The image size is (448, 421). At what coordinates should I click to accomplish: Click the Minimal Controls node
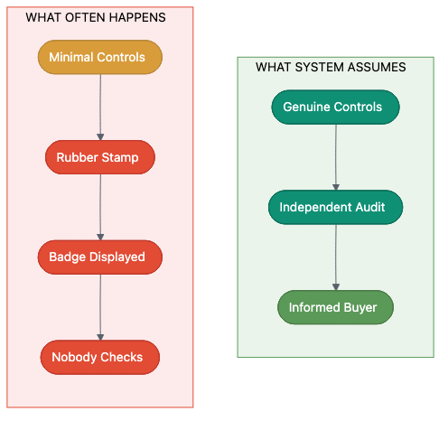(99, 57)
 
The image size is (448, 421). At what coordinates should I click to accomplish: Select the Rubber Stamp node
(99, 157)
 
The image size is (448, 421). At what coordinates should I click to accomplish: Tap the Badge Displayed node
(99, 257)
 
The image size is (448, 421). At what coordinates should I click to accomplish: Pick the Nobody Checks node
(99, 357)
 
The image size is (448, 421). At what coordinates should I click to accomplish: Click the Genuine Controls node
(335, 107)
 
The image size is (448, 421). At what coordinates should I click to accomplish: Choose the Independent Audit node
(335, 207)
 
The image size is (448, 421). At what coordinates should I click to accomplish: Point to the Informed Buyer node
(335, 307)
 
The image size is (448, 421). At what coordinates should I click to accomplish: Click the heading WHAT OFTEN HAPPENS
(96, 17)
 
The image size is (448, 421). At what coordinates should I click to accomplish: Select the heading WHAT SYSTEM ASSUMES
(331, 67)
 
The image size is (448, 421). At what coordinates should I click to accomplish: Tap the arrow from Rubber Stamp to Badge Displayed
(99, 207)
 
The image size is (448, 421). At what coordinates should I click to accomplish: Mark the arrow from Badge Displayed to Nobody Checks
(99, 307)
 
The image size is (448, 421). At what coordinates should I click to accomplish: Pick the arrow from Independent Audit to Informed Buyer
(335, 257)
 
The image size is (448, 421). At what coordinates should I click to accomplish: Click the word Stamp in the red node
(121, 157)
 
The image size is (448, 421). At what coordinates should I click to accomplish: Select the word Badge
(68, 257)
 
